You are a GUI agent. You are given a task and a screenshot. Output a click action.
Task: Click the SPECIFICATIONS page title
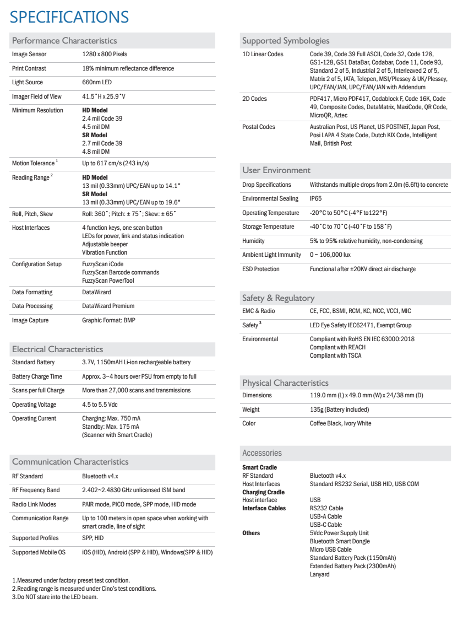coord(69,17)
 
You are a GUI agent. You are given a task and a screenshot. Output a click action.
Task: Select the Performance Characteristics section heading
coord(64,40)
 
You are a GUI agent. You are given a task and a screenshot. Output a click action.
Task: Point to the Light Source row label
coord(27,83)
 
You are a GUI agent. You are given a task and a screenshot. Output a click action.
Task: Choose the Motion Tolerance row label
coord(34,163)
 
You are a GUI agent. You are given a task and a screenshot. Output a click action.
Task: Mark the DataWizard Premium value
coord(108,306)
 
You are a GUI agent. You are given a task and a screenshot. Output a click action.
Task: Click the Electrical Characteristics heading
coord(57,349)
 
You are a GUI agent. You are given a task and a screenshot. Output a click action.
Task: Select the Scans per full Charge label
coord(38,390)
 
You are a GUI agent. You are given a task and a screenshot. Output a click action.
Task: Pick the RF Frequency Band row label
coord(36,490)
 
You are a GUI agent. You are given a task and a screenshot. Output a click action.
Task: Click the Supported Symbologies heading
coord(286,40)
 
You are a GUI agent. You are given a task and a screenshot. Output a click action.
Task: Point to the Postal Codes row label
coord(259,127)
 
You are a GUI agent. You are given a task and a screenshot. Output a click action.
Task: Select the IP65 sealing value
coord(315,198)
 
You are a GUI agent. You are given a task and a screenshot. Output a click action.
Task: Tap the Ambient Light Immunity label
coord(271,255)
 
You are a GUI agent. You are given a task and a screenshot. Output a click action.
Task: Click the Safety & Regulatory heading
coord(278,298)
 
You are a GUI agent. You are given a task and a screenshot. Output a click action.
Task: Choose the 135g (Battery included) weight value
coord(339,409)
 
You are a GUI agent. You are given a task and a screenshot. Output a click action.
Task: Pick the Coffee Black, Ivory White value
coord(340,423)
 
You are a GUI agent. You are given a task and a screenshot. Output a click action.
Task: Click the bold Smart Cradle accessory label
coord(259,467)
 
